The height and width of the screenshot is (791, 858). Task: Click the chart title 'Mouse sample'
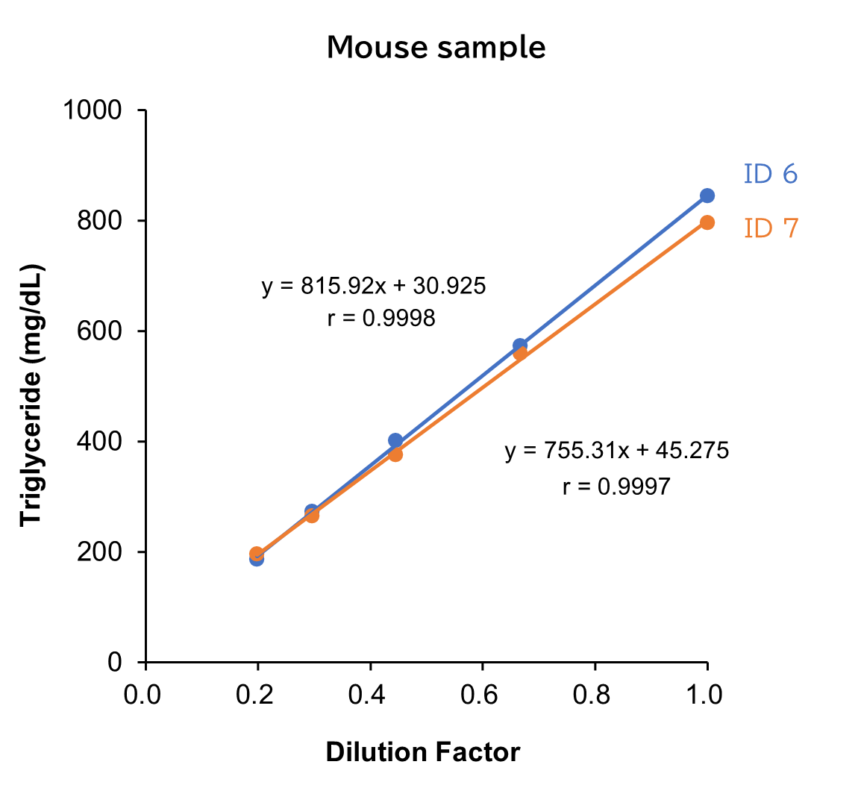436,47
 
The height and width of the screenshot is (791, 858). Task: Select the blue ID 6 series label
770,174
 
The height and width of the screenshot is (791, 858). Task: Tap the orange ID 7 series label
771,228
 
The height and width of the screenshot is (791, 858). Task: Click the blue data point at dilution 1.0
707,196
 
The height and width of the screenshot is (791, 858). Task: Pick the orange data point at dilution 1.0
707,222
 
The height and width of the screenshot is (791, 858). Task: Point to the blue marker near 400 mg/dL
395,440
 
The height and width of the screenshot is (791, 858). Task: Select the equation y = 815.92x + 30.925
374,286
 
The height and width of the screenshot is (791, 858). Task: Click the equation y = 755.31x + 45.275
616,451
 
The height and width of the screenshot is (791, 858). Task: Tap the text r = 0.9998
381,319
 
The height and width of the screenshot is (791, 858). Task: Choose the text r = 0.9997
616,487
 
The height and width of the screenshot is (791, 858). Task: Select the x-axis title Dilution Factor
422,751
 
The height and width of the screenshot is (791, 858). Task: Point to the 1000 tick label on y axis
93,110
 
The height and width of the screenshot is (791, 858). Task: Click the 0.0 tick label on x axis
143,695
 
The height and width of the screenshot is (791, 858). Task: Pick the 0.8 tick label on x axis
594,695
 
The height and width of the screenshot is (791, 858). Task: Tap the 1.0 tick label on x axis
705,695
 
